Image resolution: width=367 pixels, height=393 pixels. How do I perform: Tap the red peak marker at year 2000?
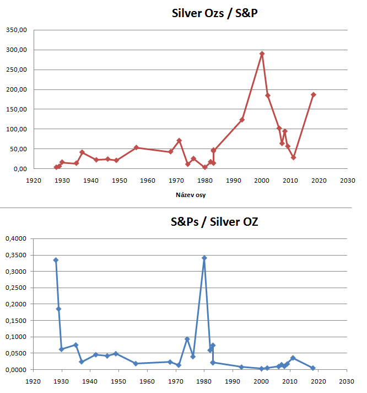coord(262,54)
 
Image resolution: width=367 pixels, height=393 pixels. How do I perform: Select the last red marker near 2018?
coord(313,94)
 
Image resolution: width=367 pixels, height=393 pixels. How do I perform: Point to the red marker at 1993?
coord(242,119)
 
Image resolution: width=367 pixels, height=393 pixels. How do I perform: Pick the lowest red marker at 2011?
coord(293,157)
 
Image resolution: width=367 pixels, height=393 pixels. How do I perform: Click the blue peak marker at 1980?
coord(204,258)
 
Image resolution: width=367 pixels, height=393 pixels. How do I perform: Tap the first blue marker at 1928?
coord(56,260)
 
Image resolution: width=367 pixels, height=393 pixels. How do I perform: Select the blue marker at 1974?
coord(187,339)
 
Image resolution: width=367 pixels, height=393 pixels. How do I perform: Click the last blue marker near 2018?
coord(313,368)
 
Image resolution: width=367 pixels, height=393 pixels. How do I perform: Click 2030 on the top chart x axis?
coord(347,180)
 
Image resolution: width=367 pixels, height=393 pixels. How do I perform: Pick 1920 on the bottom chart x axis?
coord(34,381)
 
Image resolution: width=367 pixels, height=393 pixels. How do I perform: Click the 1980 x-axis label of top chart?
coord(205,180)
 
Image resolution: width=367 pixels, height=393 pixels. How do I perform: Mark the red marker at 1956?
coord(136,147)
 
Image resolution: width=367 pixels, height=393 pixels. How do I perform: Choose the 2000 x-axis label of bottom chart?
coord(262,381)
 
